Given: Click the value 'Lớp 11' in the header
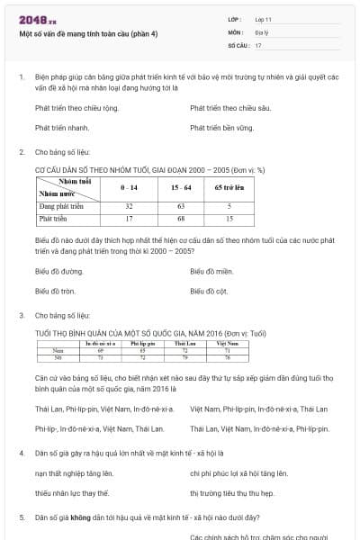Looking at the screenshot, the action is (x=264, y=20).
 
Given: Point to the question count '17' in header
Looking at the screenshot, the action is (x=258, y=45).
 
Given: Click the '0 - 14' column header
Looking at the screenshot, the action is (x=129, y=187).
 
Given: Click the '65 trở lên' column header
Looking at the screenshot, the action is (x=229, y=187).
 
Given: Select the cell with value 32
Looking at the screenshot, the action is (x=129, y=206).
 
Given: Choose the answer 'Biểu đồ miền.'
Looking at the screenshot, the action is (x=213, y=270).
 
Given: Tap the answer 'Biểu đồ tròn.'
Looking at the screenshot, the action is (x=56, y=291).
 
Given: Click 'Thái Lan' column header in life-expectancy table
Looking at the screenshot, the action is (x=185, y=343).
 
